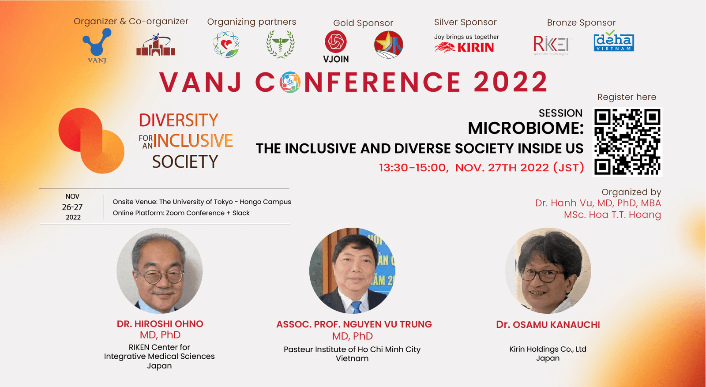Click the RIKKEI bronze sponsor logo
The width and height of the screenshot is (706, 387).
pos(552,45)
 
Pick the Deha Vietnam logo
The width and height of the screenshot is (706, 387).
pos(614,41)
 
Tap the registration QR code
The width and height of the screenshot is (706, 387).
pos(627,142)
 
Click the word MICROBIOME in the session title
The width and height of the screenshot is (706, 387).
pos(523,128)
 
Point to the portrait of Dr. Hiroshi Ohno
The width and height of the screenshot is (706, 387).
pos(159,271)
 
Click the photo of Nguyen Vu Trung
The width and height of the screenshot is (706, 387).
pos(353,271)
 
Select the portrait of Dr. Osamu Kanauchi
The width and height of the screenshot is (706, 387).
pos(548,271)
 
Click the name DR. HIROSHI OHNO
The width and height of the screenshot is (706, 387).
pos(160,323)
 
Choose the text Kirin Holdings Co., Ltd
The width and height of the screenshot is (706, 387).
pos(548,349)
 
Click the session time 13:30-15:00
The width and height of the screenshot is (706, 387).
pos(413,168)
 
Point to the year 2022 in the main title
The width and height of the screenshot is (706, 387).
pos(511,82)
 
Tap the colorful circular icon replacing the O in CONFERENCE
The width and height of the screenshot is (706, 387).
pos(290,82)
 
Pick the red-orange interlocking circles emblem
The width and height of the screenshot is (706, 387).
pos(91,141)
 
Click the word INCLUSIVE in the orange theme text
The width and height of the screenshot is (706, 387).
pos(193,141)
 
